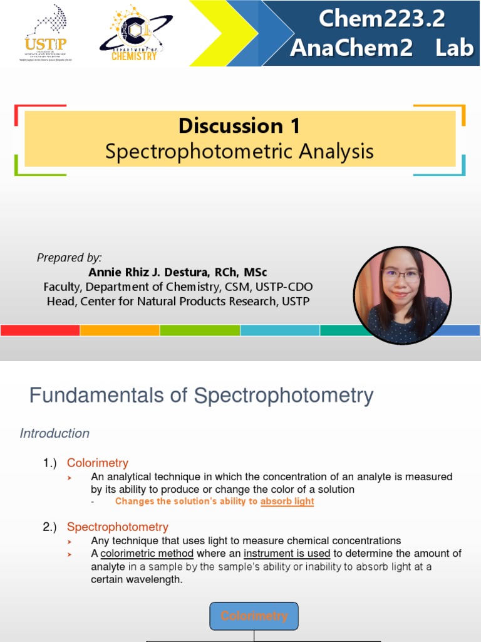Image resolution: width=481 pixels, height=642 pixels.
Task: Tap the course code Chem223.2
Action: pos(381,19)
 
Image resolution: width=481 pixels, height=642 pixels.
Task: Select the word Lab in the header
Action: pos(454,48)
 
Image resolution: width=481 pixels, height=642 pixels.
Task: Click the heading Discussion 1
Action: pos(239,125)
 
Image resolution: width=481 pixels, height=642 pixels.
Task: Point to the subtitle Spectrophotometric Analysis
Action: pos(239,151)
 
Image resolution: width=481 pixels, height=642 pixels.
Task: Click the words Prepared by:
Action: pos(69,258)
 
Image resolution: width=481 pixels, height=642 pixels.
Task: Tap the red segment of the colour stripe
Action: pos(40,330)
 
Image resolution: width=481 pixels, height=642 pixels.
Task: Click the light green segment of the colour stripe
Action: pos(200,330)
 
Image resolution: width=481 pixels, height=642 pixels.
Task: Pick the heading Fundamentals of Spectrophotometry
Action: pos(201,396)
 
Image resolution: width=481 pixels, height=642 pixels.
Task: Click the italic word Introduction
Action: pos(54,433)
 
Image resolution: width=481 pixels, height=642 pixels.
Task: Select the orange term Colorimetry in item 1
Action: pos(98,463)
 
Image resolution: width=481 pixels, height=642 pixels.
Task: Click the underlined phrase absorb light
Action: pos(287,502)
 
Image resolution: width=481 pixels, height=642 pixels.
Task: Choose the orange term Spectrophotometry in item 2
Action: pos(118,527)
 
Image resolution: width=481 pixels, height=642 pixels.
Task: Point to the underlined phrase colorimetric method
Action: pos(147,553)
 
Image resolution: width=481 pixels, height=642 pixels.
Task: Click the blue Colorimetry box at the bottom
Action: pos(254,616)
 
